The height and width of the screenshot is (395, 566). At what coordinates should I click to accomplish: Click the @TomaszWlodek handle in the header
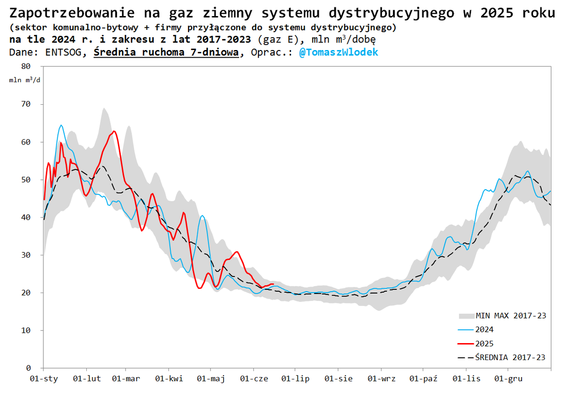click(338, 52)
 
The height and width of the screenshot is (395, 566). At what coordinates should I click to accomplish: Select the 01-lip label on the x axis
click(295, 379)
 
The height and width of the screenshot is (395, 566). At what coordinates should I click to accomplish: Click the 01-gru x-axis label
click(508, 379)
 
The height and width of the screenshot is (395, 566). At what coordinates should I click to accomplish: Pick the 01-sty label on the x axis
click(43, 379)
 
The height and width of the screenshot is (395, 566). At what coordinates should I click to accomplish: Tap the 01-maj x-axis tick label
click(210, 379)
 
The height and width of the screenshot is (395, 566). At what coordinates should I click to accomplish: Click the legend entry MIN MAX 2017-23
click(511, 316)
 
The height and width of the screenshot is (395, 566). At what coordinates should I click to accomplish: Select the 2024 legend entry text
click(484, 329)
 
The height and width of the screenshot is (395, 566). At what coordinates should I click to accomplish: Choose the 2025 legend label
click(484, 344)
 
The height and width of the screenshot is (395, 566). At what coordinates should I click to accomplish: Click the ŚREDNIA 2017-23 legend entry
click(510, 357)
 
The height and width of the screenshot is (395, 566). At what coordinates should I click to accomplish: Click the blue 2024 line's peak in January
click(61, 125)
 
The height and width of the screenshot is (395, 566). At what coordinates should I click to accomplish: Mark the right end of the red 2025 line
click(273, 284)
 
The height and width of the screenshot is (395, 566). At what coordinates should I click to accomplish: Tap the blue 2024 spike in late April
click(202, 216)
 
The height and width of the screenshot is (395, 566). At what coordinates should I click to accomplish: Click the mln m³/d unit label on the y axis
click(25, 79)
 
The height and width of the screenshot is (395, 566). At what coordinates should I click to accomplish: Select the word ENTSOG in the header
click(63, 52)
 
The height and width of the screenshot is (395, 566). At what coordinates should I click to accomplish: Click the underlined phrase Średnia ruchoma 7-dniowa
click(166, 52)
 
